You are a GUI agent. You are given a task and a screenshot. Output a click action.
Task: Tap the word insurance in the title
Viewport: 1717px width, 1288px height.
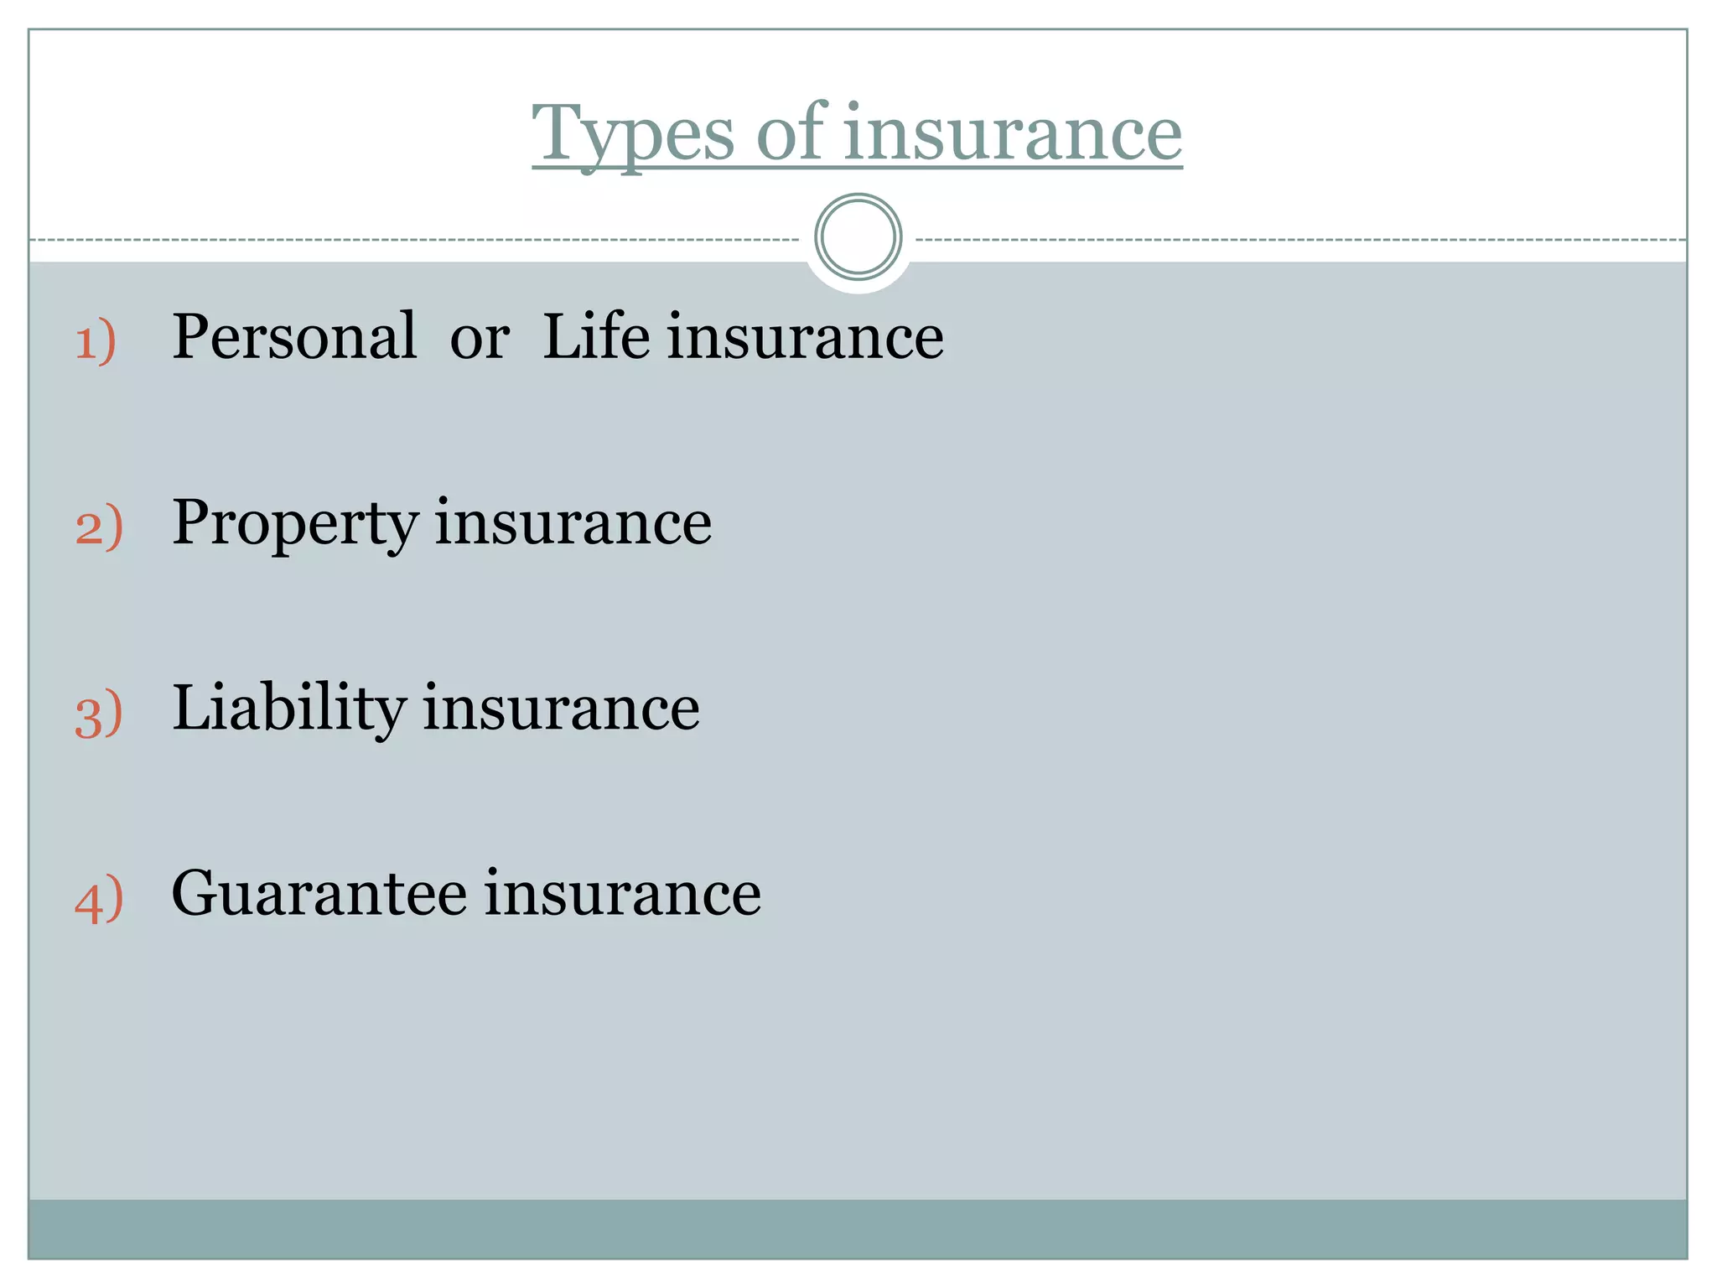[1013, 134]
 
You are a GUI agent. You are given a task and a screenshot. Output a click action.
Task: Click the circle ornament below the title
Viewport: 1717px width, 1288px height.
[858, 237]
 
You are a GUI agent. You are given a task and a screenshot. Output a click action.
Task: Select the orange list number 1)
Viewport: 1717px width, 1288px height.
[96, 341]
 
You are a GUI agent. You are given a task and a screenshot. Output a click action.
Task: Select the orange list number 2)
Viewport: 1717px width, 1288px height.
[99, 527]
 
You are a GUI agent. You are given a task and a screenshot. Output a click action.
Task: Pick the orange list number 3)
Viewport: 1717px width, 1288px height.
[99, 714]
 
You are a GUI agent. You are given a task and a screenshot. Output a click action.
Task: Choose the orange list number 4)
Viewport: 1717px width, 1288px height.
[99, 900]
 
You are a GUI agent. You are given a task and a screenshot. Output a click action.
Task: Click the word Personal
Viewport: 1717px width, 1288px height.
[294, 337]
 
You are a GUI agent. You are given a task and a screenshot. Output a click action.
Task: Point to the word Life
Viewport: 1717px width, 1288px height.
[596, 337]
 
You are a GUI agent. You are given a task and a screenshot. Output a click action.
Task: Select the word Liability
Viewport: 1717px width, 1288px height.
[289, 709]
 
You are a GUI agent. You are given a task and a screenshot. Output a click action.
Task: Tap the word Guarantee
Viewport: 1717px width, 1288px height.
[319, 894]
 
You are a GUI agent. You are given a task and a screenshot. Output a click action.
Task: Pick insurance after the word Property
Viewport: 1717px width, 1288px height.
[573, 523]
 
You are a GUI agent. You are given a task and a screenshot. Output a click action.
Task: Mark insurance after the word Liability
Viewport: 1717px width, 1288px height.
[561, 709]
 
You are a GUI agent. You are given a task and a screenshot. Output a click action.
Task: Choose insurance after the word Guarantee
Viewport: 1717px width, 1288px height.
[623, 894]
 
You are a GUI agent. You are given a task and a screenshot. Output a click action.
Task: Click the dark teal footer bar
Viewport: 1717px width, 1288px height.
[858, 1228]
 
